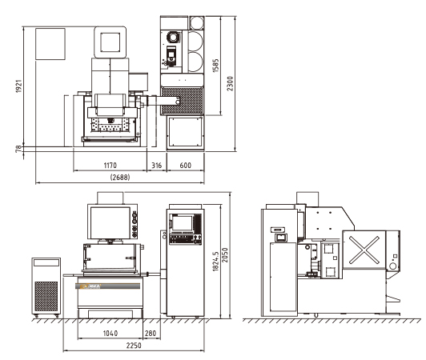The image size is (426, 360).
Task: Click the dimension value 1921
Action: [x=18, y=86]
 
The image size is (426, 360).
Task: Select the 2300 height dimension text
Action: [x=230, y=84]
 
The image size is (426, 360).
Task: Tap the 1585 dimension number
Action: [x=215, y=66]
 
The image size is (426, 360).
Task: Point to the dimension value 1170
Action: [x=110, y=166]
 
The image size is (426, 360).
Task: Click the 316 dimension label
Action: [x=156, y=166]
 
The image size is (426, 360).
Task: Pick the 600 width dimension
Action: [x=186, y=166]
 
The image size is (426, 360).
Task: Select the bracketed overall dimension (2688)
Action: [x=120, y=178]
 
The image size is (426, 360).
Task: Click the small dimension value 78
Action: [x=18, y=149]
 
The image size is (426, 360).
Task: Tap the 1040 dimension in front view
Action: [x=111, y=333]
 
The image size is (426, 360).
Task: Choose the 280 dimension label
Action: [x=151, y=333]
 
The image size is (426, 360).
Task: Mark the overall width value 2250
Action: [x=134, y=346]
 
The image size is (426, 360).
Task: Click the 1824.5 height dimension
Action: [x=215, y=261]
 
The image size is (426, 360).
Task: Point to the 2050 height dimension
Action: [x=225, y=255]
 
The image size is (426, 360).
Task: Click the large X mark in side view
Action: [x=364, y=250]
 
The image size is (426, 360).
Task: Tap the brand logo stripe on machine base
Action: [x=107, y=286]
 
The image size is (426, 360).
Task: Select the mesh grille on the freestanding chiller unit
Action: [x=46, y=296]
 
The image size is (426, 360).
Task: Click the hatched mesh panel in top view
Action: [x=182, y=101]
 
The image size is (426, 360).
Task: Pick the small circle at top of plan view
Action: [x=197, y=23]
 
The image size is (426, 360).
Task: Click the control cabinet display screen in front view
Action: [x=183, y=223]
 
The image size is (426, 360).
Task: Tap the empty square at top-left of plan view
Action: [x=50, y=44]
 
